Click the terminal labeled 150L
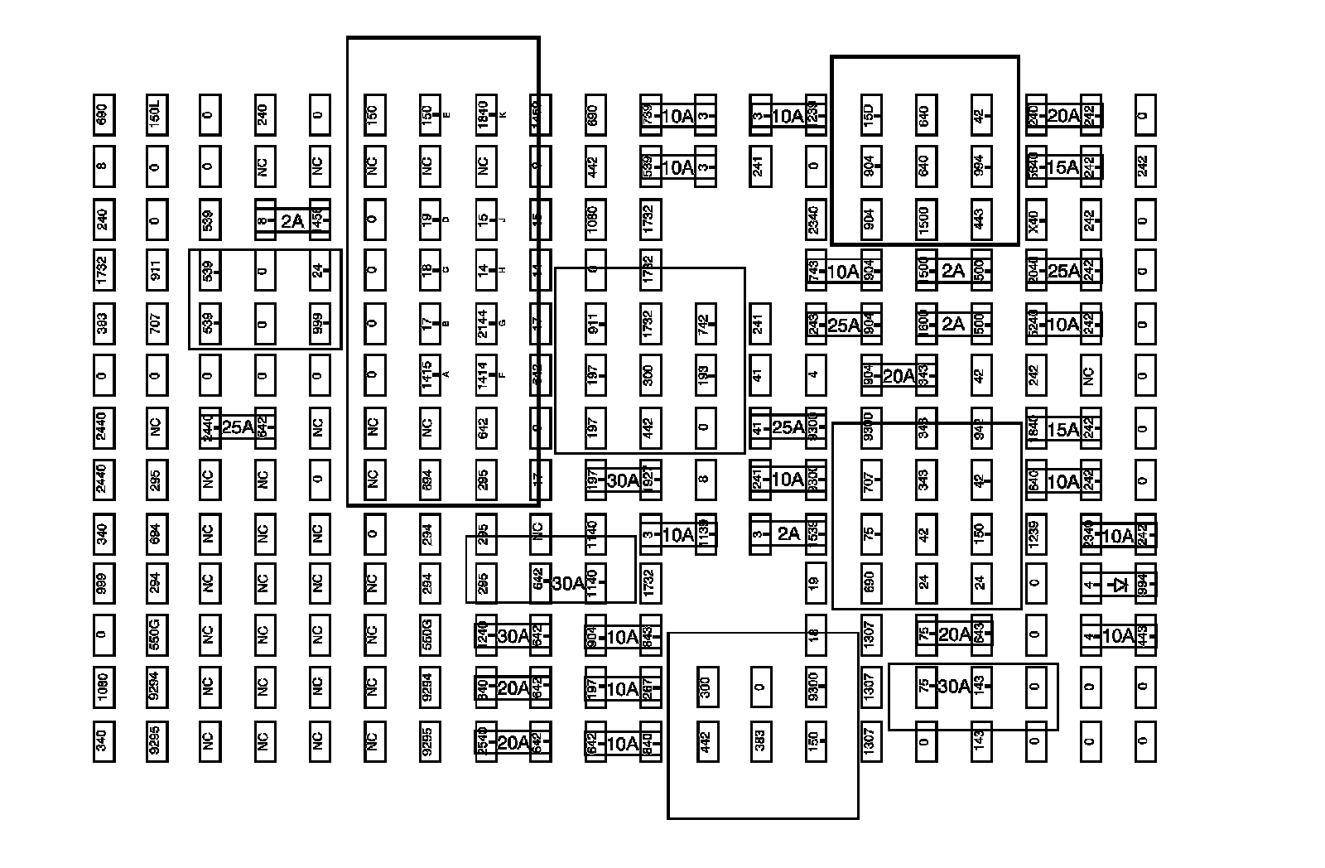click(155, 115)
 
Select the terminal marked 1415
click(427, 374)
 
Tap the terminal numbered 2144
click(484, 322)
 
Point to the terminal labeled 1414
click(484, 374)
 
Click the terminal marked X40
click(1034, 219)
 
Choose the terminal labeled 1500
click(924, 219)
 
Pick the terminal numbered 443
click(980, 219)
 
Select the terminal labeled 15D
click(869, 115)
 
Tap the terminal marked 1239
click(1034, 532)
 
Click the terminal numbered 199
click(704, 374)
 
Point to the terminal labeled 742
click(704, 322)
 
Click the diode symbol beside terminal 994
click(1120, 585)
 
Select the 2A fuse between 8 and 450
click(291, 221)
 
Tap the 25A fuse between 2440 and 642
click(237, 427)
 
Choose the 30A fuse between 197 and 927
click(623, 480)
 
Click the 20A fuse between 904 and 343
click(898, 376)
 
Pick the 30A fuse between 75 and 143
click(953, 686)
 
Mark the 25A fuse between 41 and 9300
click(788, 427)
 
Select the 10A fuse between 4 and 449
click(1118, 635)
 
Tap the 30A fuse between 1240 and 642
click(513, 635)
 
